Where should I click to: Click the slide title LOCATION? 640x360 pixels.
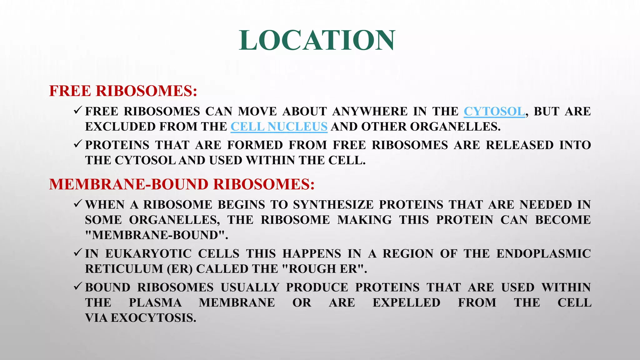pyautogui.click(x=317, y=40)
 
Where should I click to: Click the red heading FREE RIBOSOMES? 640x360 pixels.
pyautogui.click(x=123, y=91)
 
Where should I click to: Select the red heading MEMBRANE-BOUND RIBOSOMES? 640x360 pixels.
pyautogui.click(x=182, y=184)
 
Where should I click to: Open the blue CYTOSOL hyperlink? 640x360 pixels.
pyautogui.click(x=494, y=111)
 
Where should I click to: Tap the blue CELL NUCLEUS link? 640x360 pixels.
pyautogui.click(x=279, y=127)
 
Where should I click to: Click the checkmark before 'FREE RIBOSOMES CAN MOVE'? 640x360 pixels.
pyautogui.click(x=78, y=110)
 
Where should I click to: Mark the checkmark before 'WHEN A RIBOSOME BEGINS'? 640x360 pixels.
pyautogui.click(x=78, y=204)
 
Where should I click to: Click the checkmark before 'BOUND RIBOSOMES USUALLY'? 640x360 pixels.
pyautogui.click(x=78, y=286)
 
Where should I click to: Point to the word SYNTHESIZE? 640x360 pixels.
pyautogui.click(x=333, y=205)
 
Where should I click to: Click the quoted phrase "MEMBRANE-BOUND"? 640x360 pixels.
pyautogui.click(x=157, y=235)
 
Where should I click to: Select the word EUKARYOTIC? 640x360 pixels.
pyautogui.click(x=148, y=253)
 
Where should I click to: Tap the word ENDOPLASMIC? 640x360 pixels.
pyautogui.click(x=543, y=253)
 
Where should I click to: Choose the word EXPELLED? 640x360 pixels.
pyautogui.click(x=406, y=302)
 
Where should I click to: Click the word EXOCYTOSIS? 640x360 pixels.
pyautogui.click(x=153, y=318)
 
